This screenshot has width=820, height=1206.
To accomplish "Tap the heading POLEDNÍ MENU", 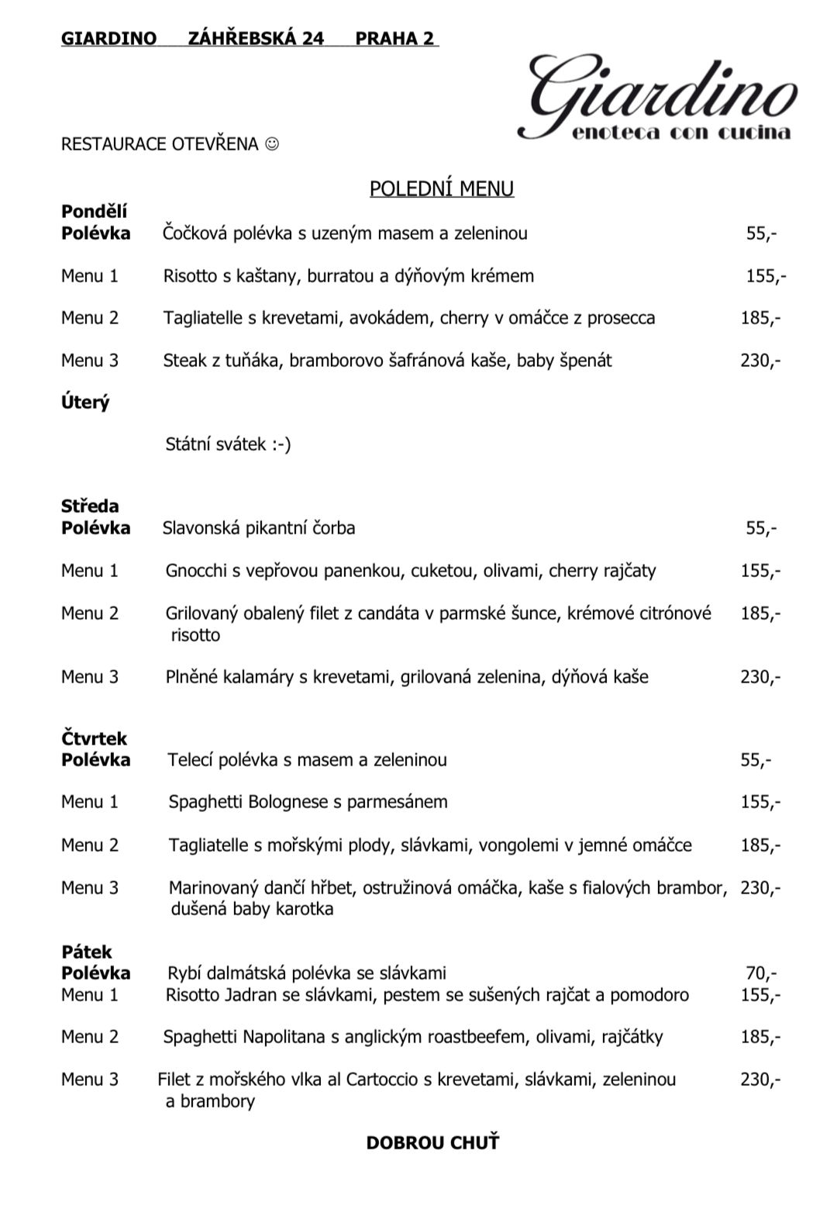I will click(441, 189).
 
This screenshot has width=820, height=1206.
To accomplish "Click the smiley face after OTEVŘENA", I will click(271, 144).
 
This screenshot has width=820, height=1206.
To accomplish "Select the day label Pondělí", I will click(94, 212).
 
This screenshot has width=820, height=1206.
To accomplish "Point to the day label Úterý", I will click(85, 403).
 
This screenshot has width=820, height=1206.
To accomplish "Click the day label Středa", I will click(90, 506).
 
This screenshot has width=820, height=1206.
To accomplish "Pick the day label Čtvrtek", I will click(94, 738).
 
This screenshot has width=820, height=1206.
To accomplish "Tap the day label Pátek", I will click(87, 952).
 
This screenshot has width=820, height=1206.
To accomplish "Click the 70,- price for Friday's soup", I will click(760, 973).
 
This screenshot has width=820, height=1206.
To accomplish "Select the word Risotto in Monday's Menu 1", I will click(191, 276).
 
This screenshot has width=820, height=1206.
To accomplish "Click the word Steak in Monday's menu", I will click(184, 361).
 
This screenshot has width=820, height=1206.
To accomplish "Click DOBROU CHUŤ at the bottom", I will click(432, 1143).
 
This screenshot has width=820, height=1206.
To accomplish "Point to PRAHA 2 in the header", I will click(394, 39).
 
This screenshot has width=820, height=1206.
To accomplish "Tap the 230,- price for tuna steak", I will click(760, 361).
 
